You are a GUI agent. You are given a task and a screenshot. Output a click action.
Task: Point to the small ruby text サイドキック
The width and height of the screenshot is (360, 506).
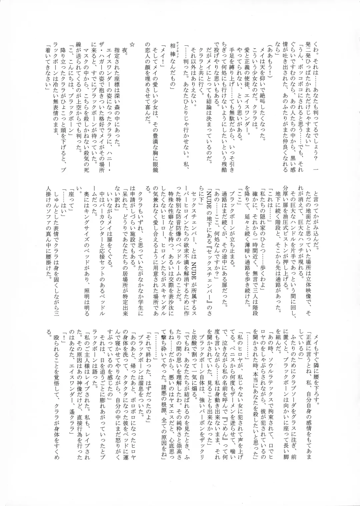point(178,47)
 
